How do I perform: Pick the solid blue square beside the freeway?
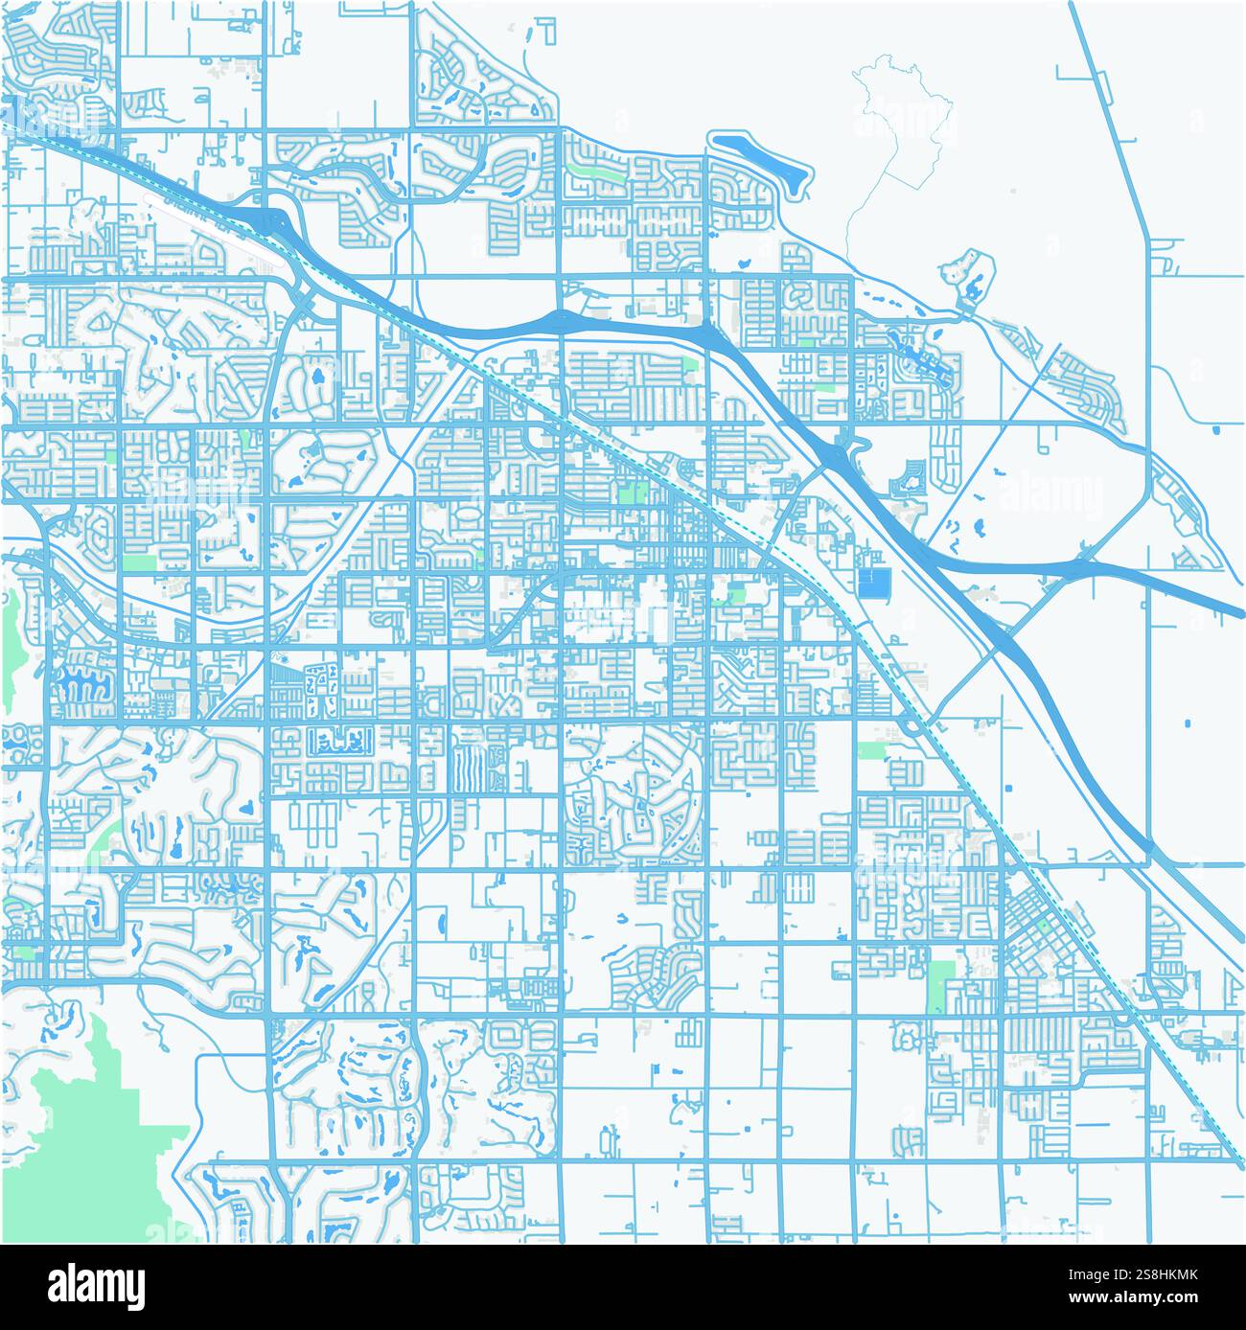[x=873, y=582]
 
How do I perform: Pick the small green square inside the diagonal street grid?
[x=631, y=493]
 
